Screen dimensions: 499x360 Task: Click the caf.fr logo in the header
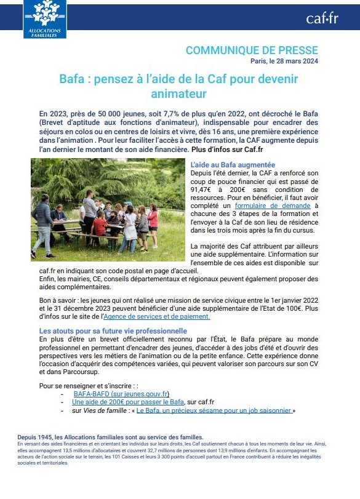322,18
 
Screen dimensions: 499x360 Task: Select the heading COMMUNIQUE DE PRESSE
252,50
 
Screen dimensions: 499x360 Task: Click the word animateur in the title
178,94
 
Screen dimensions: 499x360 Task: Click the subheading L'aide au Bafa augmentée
233,165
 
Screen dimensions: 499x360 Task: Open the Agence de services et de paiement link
157,316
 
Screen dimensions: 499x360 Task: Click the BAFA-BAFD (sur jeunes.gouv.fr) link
121,394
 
